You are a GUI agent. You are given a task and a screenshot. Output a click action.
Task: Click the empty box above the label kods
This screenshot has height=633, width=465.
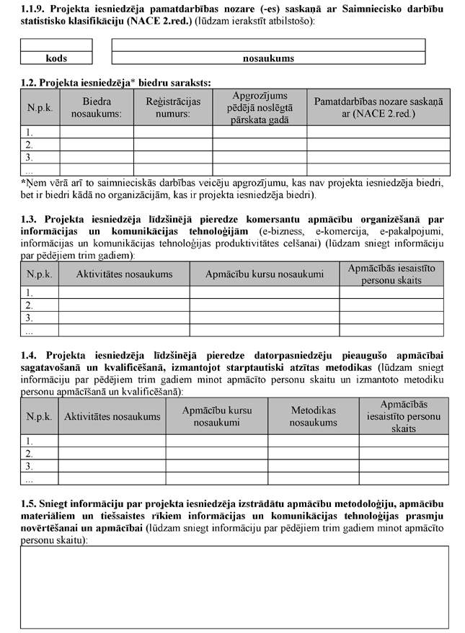57,45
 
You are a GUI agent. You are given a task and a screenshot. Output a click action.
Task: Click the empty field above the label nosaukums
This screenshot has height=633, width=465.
268,45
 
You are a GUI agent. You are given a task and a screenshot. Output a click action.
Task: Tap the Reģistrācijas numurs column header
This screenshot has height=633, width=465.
172,108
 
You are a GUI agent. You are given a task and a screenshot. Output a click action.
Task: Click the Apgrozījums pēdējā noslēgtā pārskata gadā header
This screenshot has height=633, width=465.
260,108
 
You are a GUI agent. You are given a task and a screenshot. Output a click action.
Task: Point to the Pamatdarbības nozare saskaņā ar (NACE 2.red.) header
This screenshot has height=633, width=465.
378,108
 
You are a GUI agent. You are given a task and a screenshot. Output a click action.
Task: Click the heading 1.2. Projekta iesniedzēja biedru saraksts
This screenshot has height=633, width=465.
115,83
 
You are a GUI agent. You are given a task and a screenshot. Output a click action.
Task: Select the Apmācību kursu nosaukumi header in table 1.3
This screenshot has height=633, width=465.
265,274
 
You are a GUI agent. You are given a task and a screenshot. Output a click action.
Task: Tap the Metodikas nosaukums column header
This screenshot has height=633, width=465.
314,416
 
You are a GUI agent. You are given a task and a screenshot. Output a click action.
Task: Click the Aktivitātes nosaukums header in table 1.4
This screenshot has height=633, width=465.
112,416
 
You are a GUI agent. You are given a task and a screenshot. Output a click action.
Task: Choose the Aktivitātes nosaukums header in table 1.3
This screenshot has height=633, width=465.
124,274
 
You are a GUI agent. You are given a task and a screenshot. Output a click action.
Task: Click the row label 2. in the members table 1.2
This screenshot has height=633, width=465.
29,145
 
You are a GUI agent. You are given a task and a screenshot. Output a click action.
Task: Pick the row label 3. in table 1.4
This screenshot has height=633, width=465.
29,466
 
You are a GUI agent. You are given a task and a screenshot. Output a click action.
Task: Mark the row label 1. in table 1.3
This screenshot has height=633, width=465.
29,292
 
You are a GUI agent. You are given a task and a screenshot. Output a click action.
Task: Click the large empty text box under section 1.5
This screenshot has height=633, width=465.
234,586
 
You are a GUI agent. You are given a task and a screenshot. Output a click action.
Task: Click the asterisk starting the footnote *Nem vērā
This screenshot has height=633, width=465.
23,183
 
